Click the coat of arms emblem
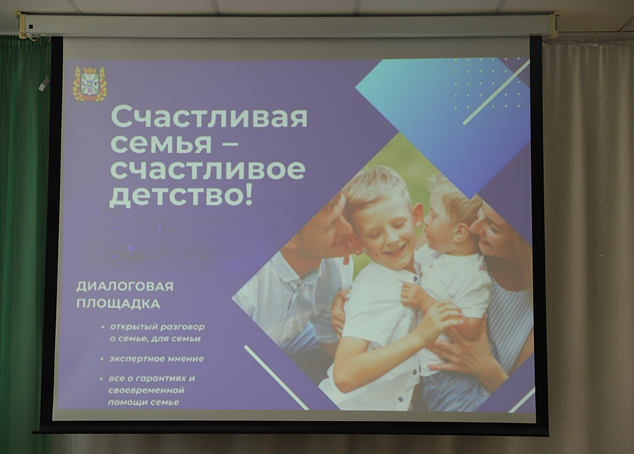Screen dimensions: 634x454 90,84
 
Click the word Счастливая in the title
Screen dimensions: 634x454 209,117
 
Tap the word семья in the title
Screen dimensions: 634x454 161,143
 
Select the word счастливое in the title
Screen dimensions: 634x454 207,169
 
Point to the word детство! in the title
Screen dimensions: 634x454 181,196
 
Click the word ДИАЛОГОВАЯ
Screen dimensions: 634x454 125,287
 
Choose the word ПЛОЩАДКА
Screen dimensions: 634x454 118,303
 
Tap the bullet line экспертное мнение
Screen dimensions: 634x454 157,359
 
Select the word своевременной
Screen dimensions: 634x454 146,390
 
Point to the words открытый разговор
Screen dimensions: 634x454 157,327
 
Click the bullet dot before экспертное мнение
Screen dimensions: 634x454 102,359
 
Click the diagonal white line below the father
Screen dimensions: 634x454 277,378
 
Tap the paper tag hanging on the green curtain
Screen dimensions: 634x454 44,83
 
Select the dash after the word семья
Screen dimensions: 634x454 231,144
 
